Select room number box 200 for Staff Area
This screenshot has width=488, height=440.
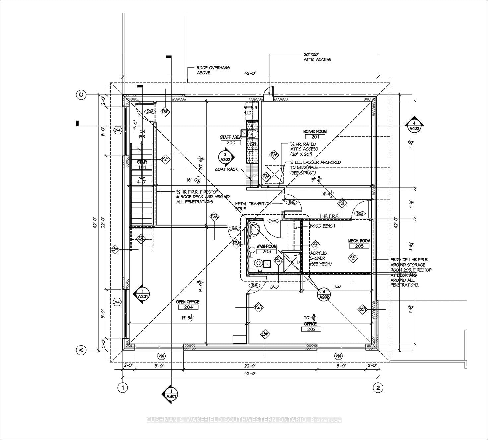pos(230,143)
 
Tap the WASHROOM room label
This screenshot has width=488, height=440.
pos(266,246)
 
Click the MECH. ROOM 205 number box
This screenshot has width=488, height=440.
pos(359,246)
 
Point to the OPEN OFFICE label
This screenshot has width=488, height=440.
pos(188,302)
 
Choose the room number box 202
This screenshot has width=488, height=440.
pos(311,329)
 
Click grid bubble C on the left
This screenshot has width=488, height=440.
pos(81,95)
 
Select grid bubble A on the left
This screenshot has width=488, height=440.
pos(81,349)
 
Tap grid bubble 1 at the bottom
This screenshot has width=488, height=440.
pos(123,387)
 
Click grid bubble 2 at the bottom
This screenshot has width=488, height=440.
pos(378,387)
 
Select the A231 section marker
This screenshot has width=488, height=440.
pos(142,295)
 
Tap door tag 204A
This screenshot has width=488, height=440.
pos(234,229)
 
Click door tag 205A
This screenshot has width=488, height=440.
pos(360,213)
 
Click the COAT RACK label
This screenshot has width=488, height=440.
pos(227,169)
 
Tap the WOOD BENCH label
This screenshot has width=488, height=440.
pos(322,226)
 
